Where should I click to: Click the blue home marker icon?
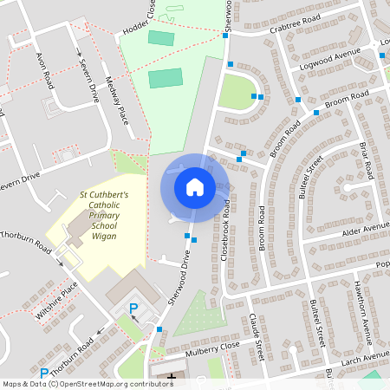pyautogui.click(x=194, y=186)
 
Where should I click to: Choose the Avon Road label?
pyautogui.click(x=43, y=70)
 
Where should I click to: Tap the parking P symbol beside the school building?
pyautogui.click(x=133, y=309)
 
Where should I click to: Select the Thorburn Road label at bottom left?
pyautogui.click(x=71, y=357)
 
